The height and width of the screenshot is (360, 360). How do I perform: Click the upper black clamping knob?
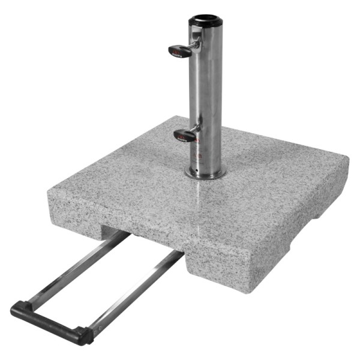coord(179,50)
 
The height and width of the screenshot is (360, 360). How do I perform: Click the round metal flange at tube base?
coord(205,175)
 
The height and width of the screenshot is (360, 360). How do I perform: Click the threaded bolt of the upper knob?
coord(194,45)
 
